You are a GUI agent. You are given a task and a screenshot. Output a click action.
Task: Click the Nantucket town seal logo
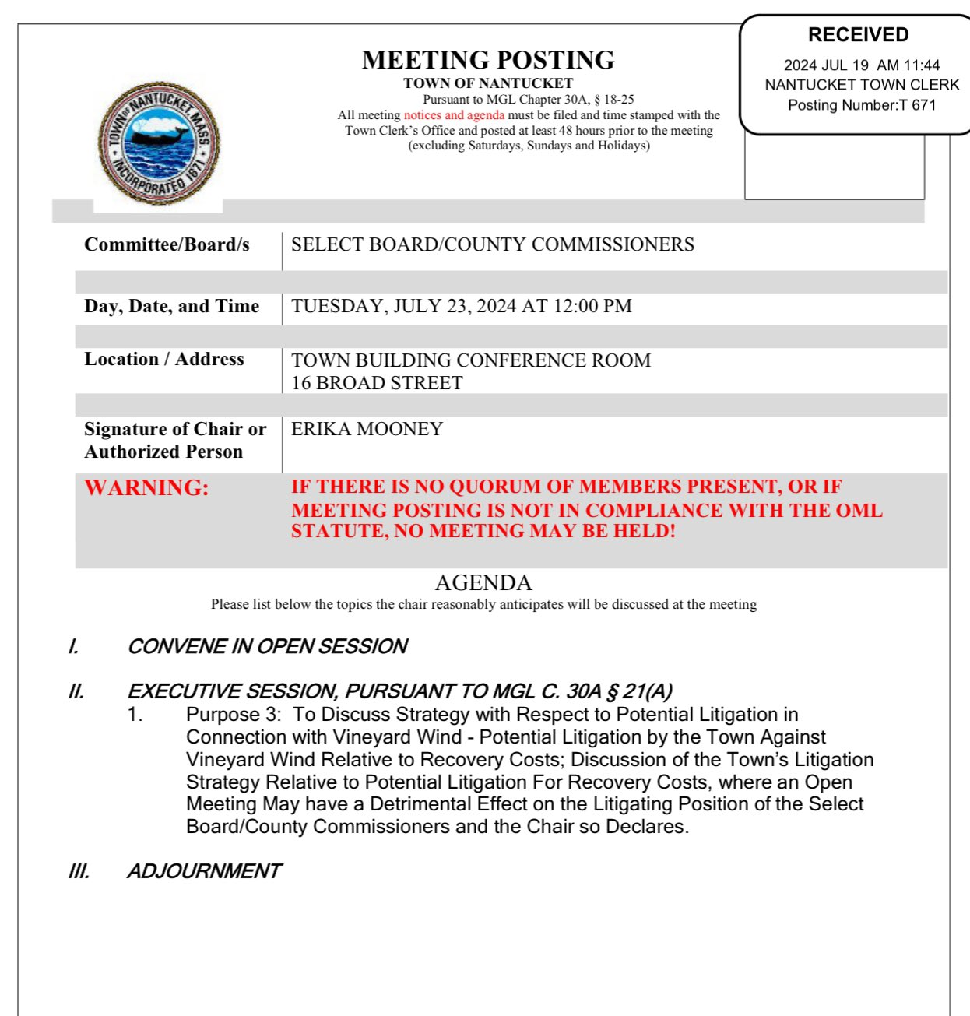(159, 144)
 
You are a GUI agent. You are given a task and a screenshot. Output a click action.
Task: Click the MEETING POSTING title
(488, 60)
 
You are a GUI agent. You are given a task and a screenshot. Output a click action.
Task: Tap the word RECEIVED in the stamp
(858, 35)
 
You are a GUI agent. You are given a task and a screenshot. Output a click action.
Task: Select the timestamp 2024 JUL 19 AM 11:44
(862, 65)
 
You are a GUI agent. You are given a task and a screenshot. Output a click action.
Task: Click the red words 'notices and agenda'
(454, 115)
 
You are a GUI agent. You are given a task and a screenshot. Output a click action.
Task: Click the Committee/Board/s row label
(167, 244)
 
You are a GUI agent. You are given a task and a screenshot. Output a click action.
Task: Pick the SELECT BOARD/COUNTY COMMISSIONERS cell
(493, 244)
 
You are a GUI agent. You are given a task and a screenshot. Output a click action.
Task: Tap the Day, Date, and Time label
(171, 306)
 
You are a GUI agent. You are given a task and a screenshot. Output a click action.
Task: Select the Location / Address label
(164, 359)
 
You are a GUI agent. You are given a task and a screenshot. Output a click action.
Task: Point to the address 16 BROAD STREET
(377, 383)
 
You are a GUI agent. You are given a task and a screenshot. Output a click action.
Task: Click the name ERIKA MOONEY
(367, 429)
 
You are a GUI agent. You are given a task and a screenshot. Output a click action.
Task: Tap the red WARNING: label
(146, 487)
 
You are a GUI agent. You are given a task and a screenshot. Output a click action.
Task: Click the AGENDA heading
(483, 582)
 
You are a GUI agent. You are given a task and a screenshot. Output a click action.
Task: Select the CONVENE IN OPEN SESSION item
(267, 646)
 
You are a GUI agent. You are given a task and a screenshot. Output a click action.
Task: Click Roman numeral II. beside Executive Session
(76, 691)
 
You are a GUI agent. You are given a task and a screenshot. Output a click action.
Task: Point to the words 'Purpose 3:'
(234, 715)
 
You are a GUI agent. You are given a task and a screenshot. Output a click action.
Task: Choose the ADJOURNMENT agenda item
(204, 870)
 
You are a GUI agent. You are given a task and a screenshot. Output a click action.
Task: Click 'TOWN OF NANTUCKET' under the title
(488, 83)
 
